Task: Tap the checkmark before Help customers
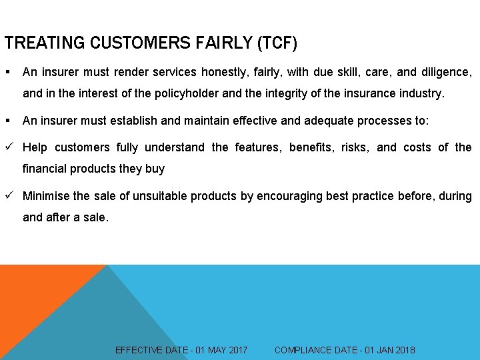9,147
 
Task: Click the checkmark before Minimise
9,196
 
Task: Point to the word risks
354,147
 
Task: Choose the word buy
155,169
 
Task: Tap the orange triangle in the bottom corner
33,307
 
